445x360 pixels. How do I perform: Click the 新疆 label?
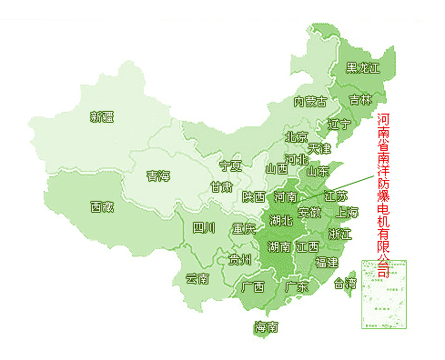[102, 116]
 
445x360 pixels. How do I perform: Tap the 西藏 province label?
[102, 206]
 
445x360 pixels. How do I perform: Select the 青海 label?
[158, 175]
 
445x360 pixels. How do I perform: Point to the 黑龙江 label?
[363, 69]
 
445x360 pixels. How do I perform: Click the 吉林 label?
[360, 99]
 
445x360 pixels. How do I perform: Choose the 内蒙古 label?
[310, 102]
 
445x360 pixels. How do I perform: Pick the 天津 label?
[319, 147]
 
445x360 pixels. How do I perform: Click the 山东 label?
[318, 170]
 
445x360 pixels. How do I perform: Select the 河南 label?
[286, 196]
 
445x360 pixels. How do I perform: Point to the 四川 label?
[204, 227]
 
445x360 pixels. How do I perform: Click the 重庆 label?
[244, 228]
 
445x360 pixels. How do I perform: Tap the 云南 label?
[197, 278]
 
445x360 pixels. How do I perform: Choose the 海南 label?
[267, 327]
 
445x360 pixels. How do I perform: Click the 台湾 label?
[346, 284]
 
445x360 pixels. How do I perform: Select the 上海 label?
[348, 213]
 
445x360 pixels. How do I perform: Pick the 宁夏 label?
[231, 166]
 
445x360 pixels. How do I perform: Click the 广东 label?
[297, 286]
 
